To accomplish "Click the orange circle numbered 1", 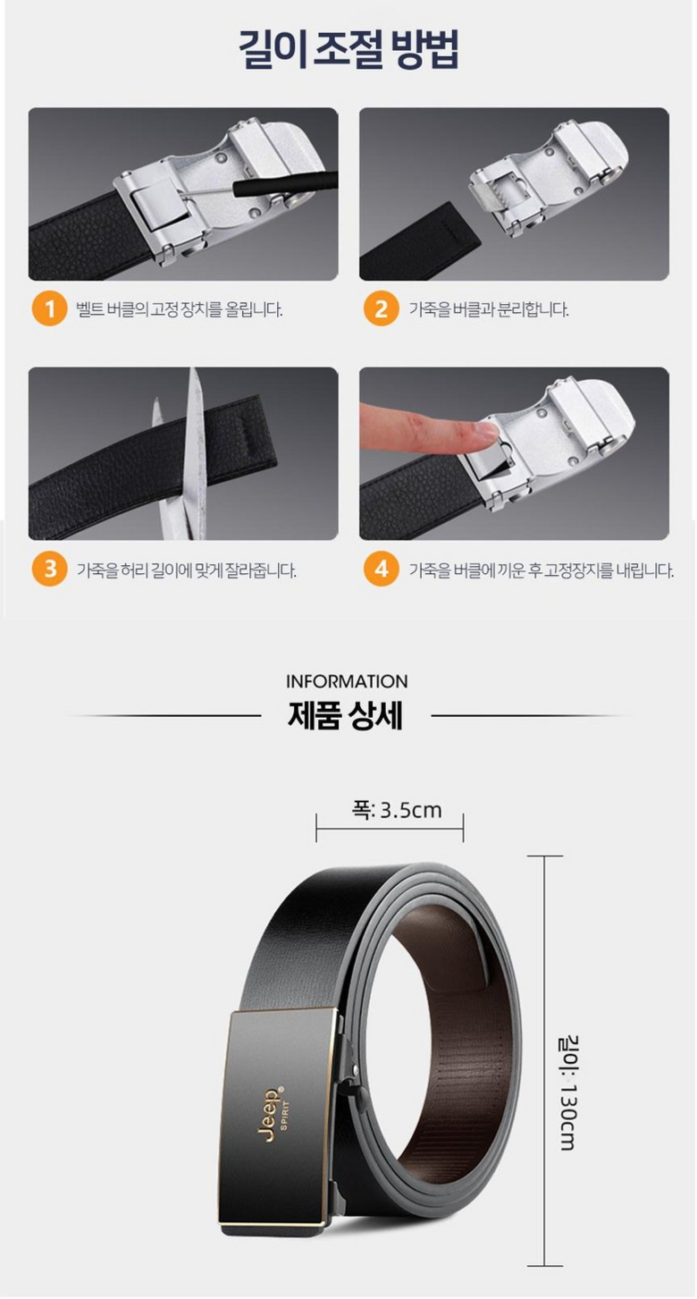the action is pyautogui.click(x=49, y=308).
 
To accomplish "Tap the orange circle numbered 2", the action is pyautogui.click(x=381, y=308).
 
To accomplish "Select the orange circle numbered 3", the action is pyautogui.click(x=49, y=569).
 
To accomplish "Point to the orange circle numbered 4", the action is pyautogui.click(x=381, y=569).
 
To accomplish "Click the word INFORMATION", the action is pyautogui.click(x=347, y=681).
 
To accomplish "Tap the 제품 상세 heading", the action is pyautogui.click(x=346, y=717).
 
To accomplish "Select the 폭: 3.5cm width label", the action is pyautogui.click(x=396, y=810).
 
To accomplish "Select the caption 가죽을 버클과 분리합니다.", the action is pyautogui.click(x=489, y=309).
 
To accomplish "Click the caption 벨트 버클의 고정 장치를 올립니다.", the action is pyautogui.click(x=180, y=309).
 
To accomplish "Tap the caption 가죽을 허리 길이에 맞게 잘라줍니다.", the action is pyautogui.click(x=186, y=570).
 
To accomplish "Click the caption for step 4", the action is pyautogui.click(x=542, y=570).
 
